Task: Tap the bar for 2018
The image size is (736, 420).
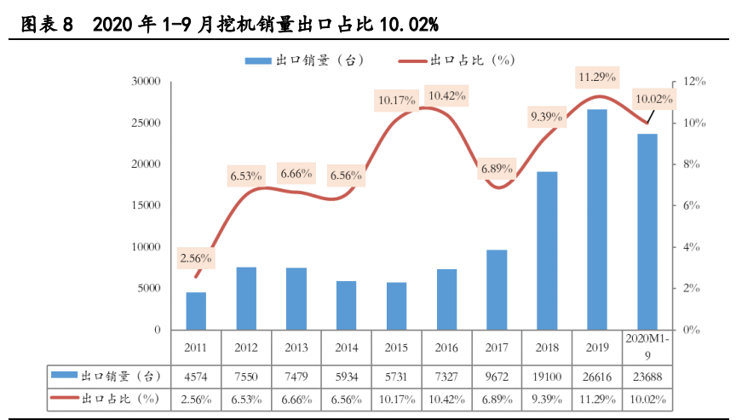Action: (x=547, y=250)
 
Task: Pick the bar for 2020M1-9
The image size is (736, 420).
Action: (x=647, y=231)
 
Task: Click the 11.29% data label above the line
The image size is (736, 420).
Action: (x=597, y=78)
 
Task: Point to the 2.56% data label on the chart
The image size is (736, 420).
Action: (x=196, y=257)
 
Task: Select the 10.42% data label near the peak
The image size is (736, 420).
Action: (x=447, y=95)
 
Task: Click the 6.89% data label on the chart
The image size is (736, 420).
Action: (x=497, y=169)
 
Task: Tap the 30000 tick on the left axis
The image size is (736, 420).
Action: (x=146, y=82)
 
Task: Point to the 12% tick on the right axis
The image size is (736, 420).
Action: (x=695, y=82)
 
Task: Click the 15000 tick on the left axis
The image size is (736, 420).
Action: (x=146, y=205)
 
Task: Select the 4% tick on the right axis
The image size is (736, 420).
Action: (x=693, y=247)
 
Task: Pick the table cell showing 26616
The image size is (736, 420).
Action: (x=597, y=376)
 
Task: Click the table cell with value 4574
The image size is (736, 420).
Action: (x=196, y=376)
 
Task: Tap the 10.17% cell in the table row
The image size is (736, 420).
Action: (x=397, y=398)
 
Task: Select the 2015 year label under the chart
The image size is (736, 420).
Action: (x=397, y=348)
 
